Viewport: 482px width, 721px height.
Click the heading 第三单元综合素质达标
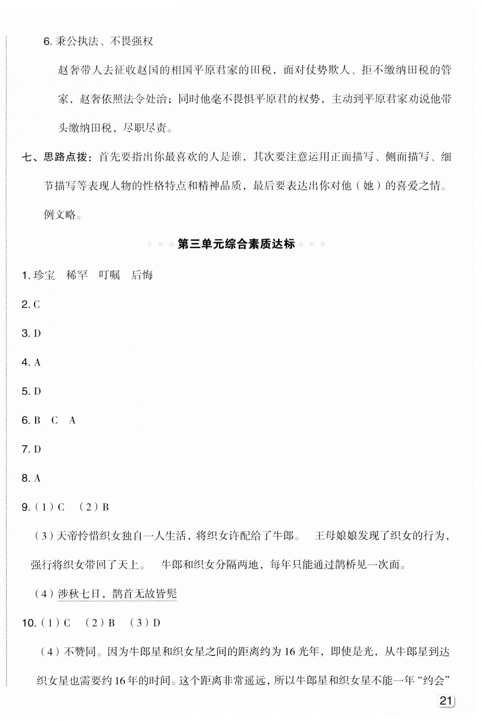pyautogui.click(x=236, y=244)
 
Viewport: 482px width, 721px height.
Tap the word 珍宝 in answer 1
pyautogui.click(x=44, y=275)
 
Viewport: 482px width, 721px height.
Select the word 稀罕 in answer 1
pyautogui.click(x=77, y=275)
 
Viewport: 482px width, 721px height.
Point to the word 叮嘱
pyautogui.click(x=109, y=275)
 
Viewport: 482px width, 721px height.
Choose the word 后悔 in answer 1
pyautogui.click(x=142, y=275)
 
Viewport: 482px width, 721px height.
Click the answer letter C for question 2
pyautogui.click(x=36, y=304)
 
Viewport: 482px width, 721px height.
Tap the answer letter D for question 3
pyautogui.click(x=37, y=333)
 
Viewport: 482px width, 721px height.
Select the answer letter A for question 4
pyautogui.click(x=37, y=362)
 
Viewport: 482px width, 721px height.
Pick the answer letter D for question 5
pyautogui.click(x=37, y=391)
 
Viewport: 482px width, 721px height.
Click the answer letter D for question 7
pyautogui.click(x=37, y=449)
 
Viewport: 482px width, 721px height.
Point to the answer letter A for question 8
pyautogui.click(x=37, y=478)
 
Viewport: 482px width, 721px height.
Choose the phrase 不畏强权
pyautogui.click(x=131, y=41)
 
